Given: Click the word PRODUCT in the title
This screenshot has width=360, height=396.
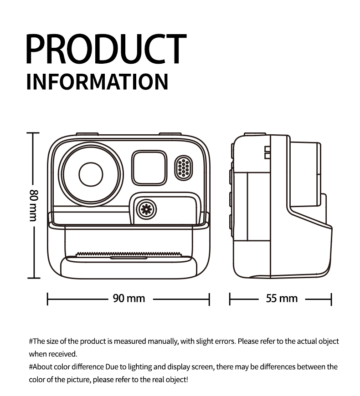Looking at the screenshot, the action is pyautogui.click(x=107, y=49).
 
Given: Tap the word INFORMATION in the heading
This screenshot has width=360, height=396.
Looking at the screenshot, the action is pyautogui.click(x=98, y=81).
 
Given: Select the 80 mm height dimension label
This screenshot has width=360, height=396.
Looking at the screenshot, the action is pyautogui.click(x=34, y=205).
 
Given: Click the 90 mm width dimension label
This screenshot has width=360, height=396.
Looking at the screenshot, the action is pyautogui.click(x=129, y=298).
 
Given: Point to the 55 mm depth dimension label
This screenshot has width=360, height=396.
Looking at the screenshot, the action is pyautogui.click(x=282, y=299).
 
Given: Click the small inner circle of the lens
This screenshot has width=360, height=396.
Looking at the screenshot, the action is pyautogui.click(x=91, y=174).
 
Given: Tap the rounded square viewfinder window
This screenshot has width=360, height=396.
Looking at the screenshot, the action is pyautogui.click(x=149, y=168).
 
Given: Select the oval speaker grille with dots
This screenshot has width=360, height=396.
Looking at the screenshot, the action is pyautogui.click(x=184, y=168).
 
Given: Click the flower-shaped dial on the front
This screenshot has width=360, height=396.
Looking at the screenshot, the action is pyautogui.click(x=146, y=209).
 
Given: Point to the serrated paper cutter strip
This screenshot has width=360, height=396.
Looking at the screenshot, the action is pyautogui.click(x=129, y=254).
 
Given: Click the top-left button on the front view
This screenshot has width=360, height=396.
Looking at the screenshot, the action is pyautogui.click(x=87, y=134).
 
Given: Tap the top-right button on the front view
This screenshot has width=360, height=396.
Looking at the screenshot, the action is pyautogui.click(x=170, y=134).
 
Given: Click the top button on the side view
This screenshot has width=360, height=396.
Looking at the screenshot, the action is pyautogui.click(x=255, y=134).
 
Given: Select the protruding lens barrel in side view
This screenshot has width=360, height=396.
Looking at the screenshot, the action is pyautogui.click(x=305, y=174).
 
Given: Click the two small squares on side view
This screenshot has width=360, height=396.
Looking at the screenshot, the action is pyautogui.click(x=267, y=152).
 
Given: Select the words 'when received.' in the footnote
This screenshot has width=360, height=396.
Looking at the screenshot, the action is pyautogui.click(x=53, y=354).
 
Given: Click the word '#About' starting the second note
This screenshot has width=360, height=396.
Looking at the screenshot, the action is pyautogui.click(x=41, y=367).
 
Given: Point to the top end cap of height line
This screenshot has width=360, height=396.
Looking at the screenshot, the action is pyautogui.click(x=33, y=132).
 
